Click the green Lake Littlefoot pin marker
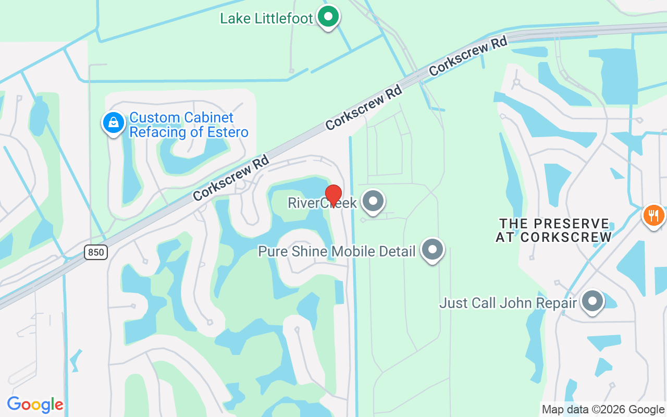tap(328, 17)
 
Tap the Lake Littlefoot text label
tap(266, 19)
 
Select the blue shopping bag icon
tap(113, 123)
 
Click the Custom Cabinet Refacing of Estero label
tap(188, 125)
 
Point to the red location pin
tap(333, 195)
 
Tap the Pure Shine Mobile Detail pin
tap(432, 250)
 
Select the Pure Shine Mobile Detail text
tap(337, 252)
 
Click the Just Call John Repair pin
tap(591, 301)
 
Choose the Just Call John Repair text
tap(508, 303)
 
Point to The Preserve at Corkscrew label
tap(553, 230)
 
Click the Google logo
tap(35, 404)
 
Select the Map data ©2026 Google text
tap(603, 410)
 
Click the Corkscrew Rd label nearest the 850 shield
tap(230, 178)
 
